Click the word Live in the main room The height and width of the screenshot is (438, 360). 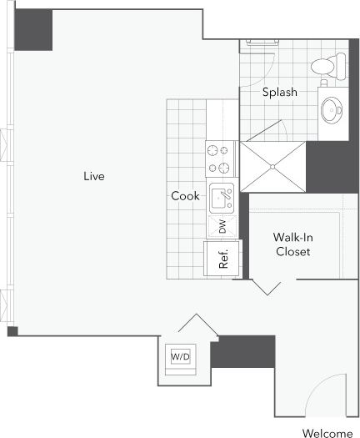click(93, 176)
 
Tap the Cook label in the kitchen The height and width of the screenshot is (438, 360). click(185, 196)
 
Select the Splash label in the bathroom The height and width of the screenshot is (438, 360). click(279, 93)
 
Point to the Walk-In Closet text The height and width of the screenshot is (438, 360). click(293, 244)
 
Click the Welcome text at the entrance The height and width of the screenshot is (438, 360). click(327, 433)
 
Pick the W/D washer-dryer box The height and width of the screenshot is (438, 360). click(180, 356)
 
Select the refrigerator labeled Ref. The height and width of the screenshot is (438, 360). click(223, 258)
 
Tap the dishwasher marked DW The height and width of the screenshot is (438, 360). click(222, 226)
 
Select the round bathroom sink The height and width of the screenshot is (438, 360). click(332, 110)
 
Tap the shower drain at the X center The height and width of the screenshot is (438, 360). click(272, 166)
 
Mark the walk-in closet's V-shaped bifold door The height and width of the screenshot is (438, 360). click(267, 287)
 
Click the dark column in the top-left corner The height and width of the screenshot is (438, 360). click(34, 30)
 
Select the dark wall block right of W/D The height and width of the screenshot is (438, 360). click(242, 351)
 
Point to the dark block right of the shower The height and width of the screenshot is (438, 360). click(332, 167)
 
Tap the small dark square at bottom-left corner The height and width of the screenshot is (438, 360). click(12, 331)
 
